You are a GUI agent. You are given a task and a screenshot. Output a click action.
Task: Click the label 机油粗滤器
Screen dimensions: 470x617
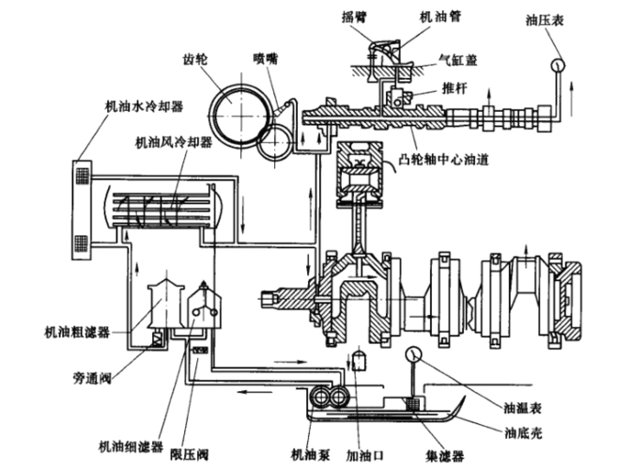(78, 331)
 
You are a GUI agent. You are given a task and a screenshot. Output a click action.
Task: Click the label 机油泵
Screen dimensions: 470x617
(310, 452)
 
